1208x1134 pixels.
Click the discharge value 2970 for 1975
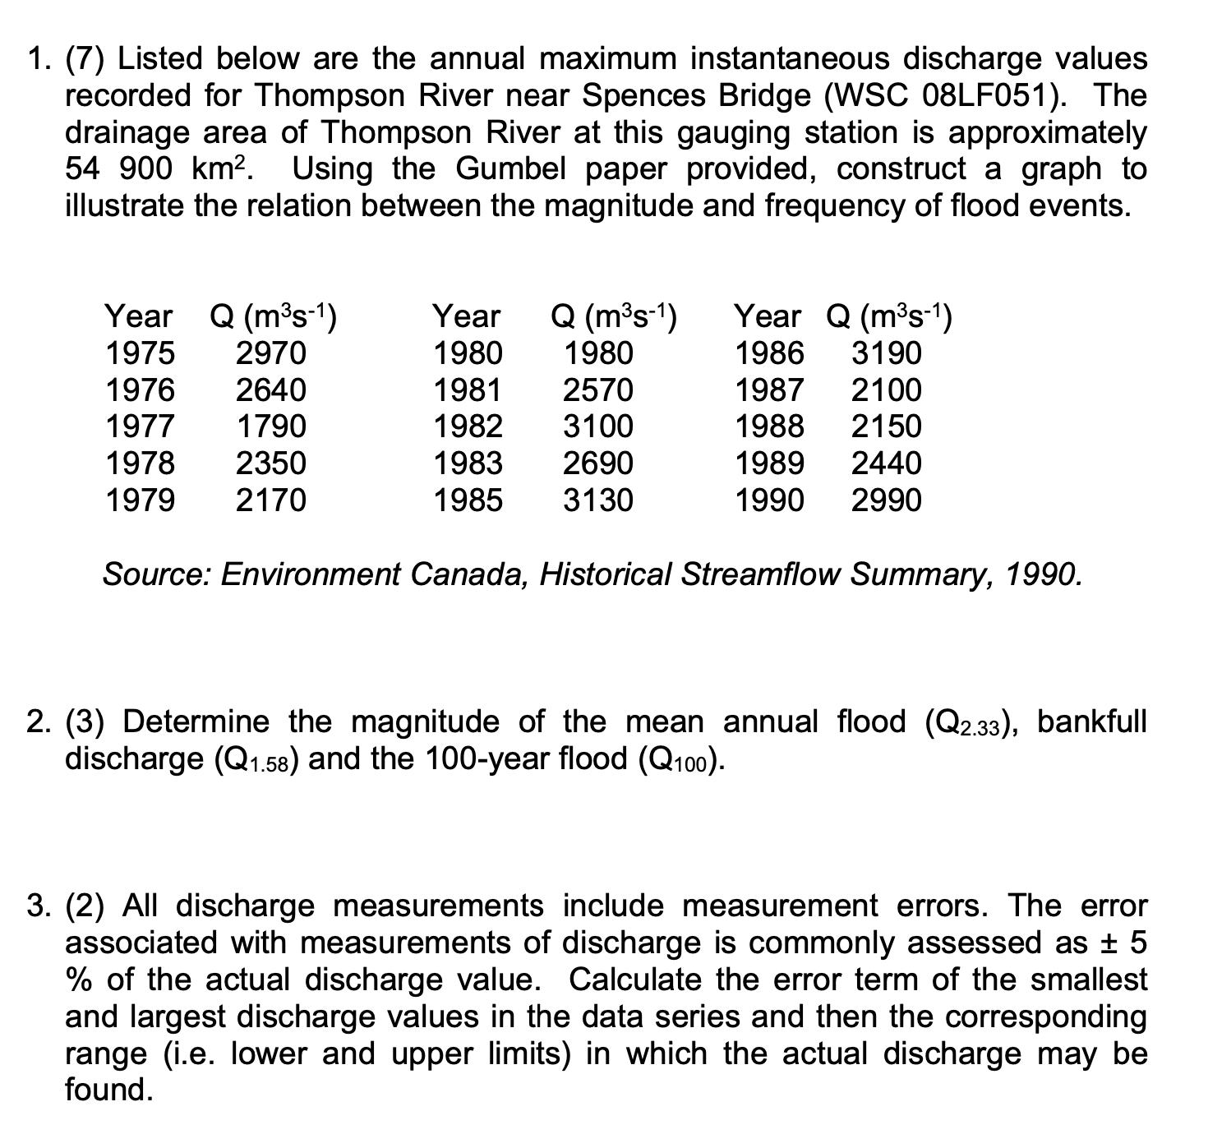pyautogui.click(x=270, y=353)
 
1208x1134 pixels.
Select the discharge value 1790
pyautogui.click(x=270, y=426)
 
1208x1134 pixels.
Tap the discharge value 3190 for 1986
pyautogui.click(x=886, y=353)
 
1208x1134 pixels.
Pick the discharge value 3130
pyautogui.click(x=597, y=500)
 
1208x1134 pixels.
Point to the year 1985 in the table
pyautogui.click(x=468, y=500)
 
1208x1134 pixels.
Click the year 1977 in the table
pyautogui.click(x=140, y=426)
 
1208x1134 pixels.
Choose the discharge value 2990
pyautogui.click(x=886, y=500)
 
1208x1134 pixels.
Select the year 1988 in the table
pyautogui.click(x=769, y=426)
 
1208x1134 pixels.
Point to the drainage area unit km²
pyautogui.click(x=218, y=169)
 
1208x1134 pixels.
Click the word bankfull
pyautogui.click(x=1091, y=721)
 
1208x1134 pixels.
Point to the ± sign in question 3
pyautogui.click(x=1114, y=943)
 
